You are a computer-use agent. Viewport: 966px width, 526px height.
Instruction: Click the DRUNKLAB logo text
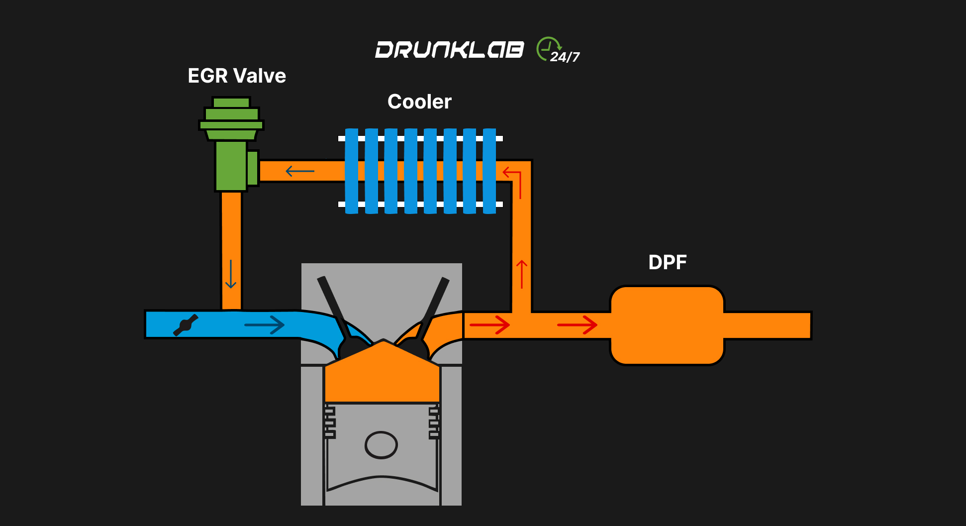point(449,50)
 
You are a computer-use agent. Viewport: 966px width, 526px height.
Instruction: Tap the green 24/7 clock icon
point(548,49)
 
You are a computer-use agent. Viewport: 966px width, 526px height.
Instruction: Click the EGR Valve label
point(237,76)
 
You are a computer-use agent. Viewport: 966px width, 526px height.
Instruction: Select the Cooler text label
point(419,102)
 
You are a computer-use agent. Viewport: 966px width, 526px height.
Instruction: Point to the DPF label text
point(667,262)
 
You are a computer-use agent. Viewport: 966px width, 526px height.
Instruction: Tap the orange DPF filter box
point(667,325)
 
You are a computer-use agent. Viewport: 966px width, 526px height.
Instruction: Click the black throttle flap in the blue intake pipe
point(186,325)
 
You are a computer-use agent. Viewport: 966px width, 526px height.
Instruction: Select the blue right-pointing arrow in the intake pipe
point(264,325)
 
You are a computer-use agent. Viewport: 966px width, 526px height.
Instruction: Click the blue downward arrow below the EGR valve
point(230,274)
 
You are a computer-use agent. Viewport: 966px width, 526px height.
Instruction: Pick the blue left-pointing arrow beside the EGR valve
point(300,171)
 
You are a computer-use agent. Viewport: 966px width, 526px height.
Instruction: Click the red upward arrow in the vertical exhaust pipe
point(521,274)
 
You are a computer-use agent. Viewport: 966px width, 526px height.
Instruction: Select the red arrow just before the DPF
point(577,325)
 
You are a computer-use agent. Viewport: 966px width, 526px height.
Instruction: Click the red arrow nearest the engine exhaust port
point(490,325)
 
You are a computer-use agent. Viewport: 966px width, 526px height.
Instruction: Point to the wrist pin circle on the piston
point(381,445)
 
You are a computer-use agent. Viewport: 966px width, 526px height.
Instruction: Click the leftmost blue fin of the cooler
point(351,171)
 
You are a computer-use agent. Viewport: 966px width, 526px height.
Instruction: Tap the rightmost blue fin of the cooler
point(489,171)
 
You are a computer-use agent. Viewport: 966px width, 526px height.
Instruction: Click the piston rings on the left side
point(330,422)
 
